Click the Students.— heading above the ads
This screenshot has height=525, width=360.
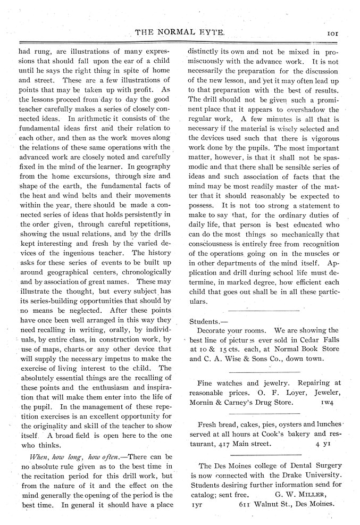click(208, 321)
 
